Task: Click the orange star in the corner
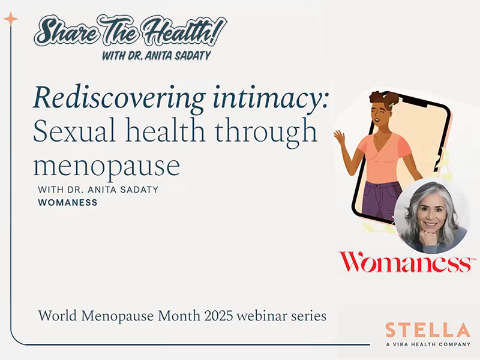point(11,19)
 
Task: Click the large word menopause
point(106,165)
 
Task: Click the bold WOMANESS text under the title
point(67,203)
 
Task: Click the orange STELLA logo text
point(427,331)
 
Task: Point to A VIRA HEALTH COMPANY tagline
point(427,344)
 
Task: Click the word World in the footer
point(55,316)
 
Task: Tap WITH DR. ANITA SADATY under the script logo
point(163,56)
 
